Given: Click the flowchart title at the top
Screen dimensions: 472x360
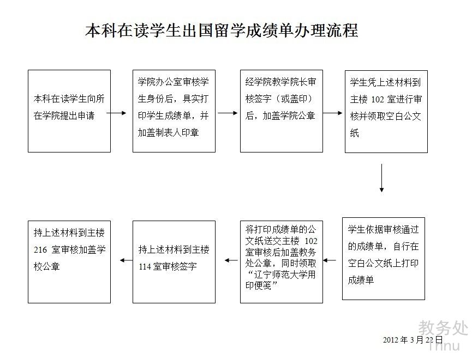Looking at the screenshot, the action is [222, 30].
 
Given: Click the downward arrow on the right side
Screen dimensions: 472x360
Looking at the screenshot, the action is [382, 178].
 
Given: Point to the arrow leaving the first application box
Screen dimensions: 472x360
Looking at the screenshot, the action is [116, 113].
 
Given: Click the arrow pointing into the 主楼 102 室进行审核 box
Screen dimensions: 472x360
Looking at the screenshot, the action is [333, 113].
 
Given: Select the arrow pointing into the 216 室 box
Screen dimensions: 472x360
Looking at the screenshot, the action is [126, 260].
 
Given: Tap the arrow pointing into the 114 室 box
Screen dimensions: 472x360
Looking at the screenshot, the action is [231, 260].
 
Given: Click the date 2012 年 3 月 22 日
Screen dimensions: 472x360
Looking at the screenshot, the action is [413, 340].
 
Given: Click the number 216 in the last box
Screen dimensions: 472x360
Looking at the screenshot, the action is [40, 250].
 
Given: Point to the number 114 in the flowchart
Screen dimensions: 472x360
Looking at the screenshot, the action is [145, 266].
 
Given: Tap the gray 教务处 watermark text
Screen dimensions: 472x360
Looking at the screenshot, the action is [443, 328].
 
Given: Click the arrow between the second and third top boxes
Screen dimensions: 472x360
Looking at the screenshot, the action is [228, 113].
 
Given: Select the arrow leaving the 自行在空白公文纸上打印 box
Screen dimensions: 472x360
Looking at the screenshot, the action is [330, 260].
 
